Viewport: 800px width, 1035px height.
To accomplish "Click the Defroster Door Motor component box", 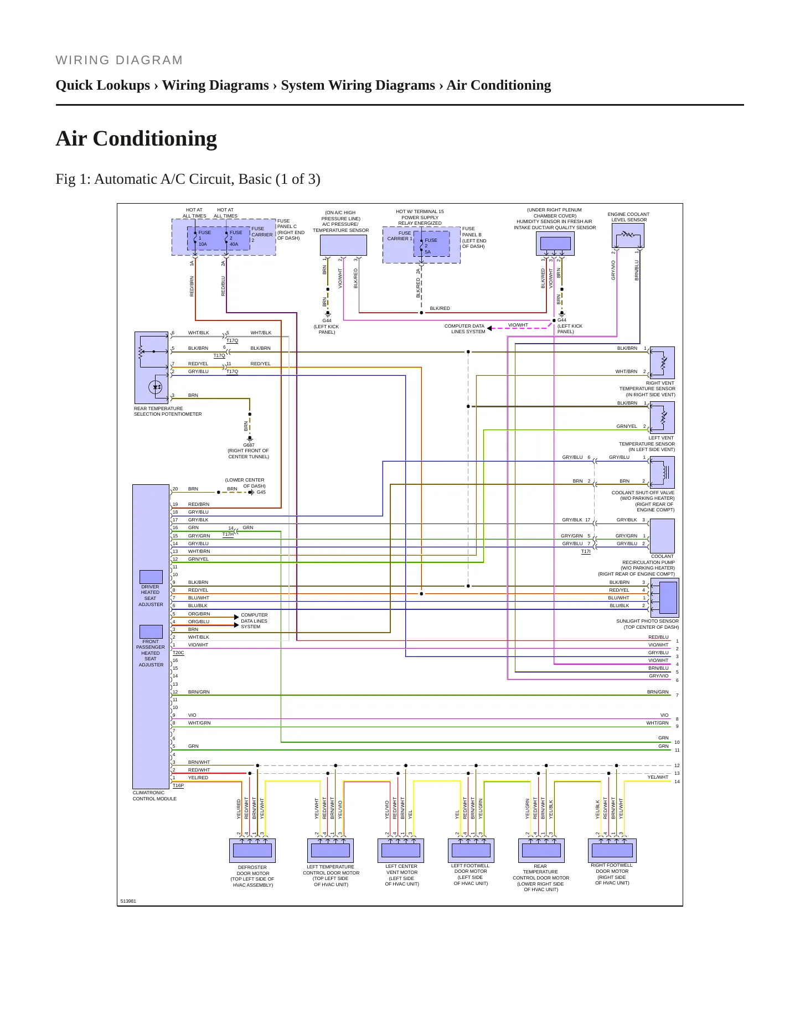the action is tap(252, 851).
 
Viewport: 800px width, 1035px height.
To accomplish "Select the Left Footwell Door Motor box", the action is tap(471, 851).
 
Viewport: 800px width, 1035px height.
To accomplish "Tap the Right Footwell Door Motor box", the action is tap(612, 851).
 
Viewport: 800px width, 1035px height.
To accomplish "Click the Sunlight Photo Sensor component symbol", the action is tap(665, 598).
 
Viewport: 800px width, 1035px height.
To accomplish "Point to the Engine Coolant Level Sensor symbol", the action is tap(628, 236).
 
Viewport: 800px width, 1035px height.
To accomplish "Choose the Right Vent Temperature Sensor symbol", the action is tap(662, 363).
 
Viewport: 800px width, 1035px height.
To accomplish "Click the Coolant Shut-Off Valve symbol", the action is tap(662, 472).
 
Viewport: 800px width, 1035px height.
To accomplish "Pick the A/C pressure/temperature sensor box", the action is tap(343, 245).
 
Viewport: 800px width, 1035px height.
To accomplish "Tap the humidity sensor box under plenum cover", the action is tap(555, 244).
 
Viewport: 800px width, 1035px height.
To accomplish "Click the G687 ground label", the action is tap(249, 445).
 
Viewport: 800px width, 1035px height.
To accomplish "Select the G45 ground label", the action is tap(261, 492).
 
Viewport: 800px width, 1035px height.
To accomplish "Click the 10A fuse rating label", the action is tap(203, 244).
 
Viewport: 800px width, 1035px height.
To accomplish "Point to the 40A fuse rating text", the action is tap(234, 244).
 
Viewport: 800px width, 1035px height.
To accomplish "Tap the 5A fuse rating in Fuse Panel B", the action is tap(428, 252).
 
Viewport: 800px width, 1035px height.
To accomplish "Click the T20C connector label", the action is tap(178, 653).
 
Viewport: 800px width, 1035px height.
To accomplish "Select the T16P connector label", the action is tap(178, 785).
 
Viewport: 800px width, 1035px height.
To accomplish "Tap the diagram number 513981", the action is tap(128, 901).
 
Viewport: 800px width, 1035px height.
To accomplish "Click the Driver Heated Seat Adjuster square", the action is tap(151, 577).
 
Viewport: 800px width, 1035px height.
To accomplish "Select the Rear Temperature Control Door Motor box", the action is tap(541, 851).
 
